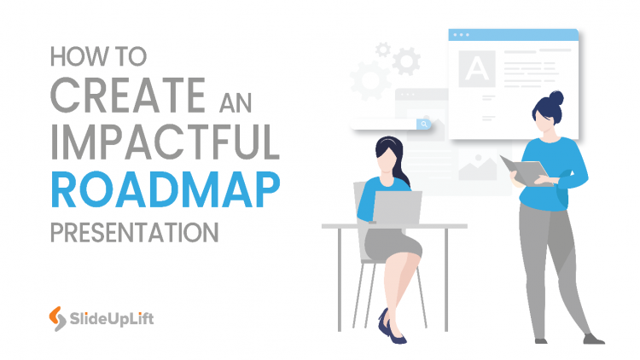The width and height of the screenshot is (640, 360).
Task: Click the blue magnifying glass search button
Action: point(422,124)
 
